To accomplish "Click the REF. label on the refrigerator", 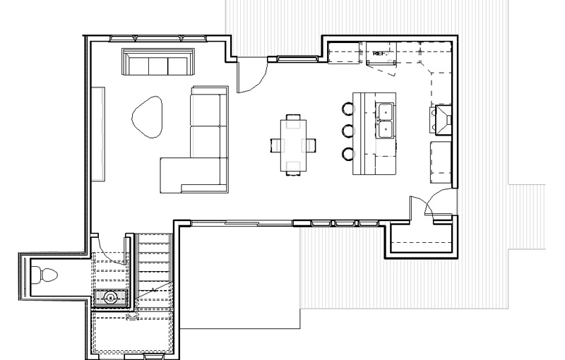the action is coord(379,53).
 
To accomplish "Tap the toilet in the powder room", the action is coord(44,275).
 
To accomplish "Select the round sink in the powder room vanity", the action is coord(111,298).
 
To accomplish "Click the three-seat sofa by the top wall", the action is coord(158,61).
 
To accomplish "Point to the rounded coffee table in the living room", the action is coord(148,116).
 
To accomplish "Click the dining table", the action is coord(293,145).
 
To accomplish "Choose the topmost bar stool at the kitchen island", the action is coord(348,109).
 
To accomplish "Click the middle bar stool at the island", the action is coord(348,131).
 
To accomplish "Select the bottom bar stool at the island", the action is coord(348,154).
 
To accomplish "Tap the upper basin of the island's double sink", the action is coord(385,112).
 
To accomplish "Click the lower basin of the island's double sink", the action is coord(385,130).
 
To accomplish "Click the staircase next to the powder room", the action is coord(154,272).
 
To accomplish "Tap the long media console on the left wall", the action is coord(98,133).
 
